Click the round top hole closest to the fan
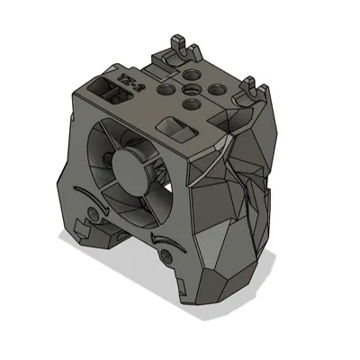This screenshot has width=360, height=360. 193,107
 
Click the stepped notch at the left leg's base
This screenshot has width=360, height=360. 91,236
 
